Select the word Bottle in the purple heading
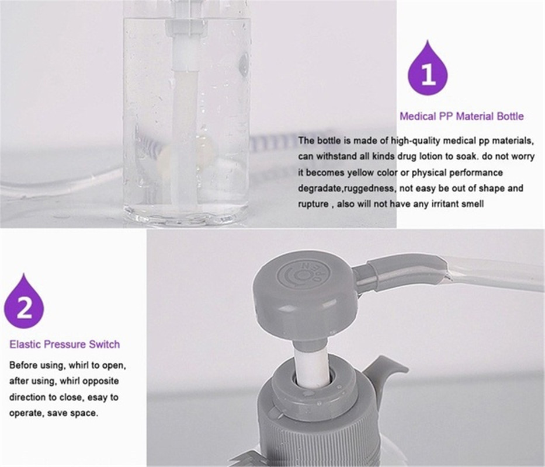tap(510, 116)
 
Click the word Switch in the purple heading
tap(105, 344)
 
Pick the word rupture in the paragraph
tap(313, 204)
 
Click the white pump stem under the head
tap(311, 365)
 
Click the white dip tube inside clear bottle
tap(186, 135)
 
